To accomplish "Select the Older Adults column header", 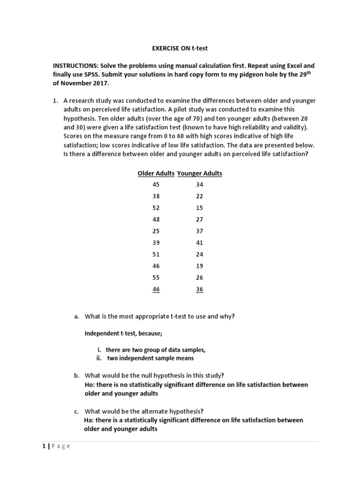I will pos(156,173).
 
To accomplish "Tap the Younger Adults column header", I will pos(200,173).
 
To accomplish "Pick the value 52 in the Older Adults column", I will pos(156,208).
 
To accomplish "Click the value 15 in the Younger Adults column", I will pos(200,208).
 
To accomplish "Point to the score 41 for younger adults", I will pos(200,243).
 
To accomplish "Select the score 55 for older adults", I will pos(156,278).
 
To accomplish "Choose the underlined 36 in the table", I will pos(200,290).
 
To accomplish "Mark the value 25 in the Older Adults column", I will pos(156,231).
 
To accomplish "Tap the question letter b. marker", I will pos(76,375).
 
